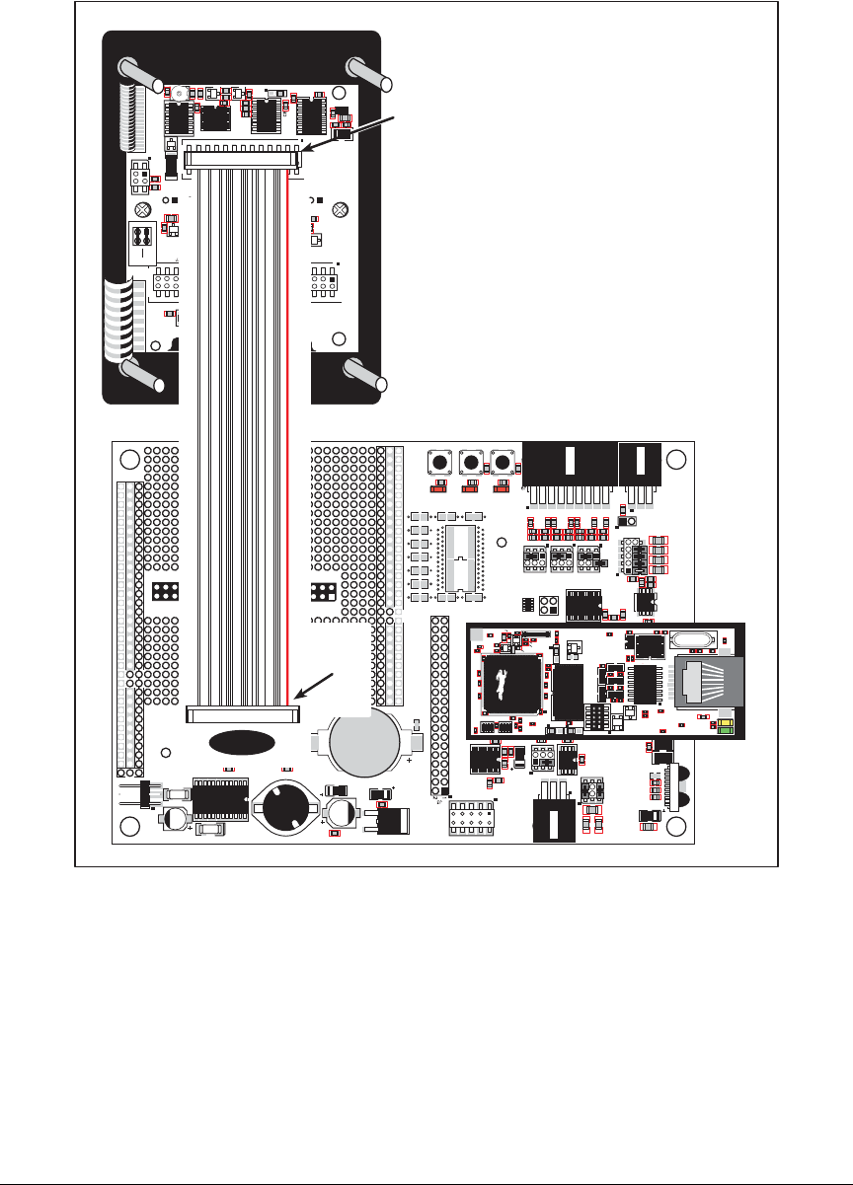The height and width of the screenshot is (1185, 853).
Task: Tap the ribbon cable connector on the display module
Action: (x=242, y=158)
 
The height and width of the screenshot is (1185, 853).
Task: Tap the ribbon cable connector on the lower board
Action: (x=243, y=711)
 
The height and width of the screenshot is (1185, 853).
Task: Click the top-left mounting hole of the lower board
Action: (x=128, y=461)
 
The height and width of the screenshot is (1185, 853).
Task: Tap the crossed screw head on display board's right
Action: (x=340, y=209)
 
